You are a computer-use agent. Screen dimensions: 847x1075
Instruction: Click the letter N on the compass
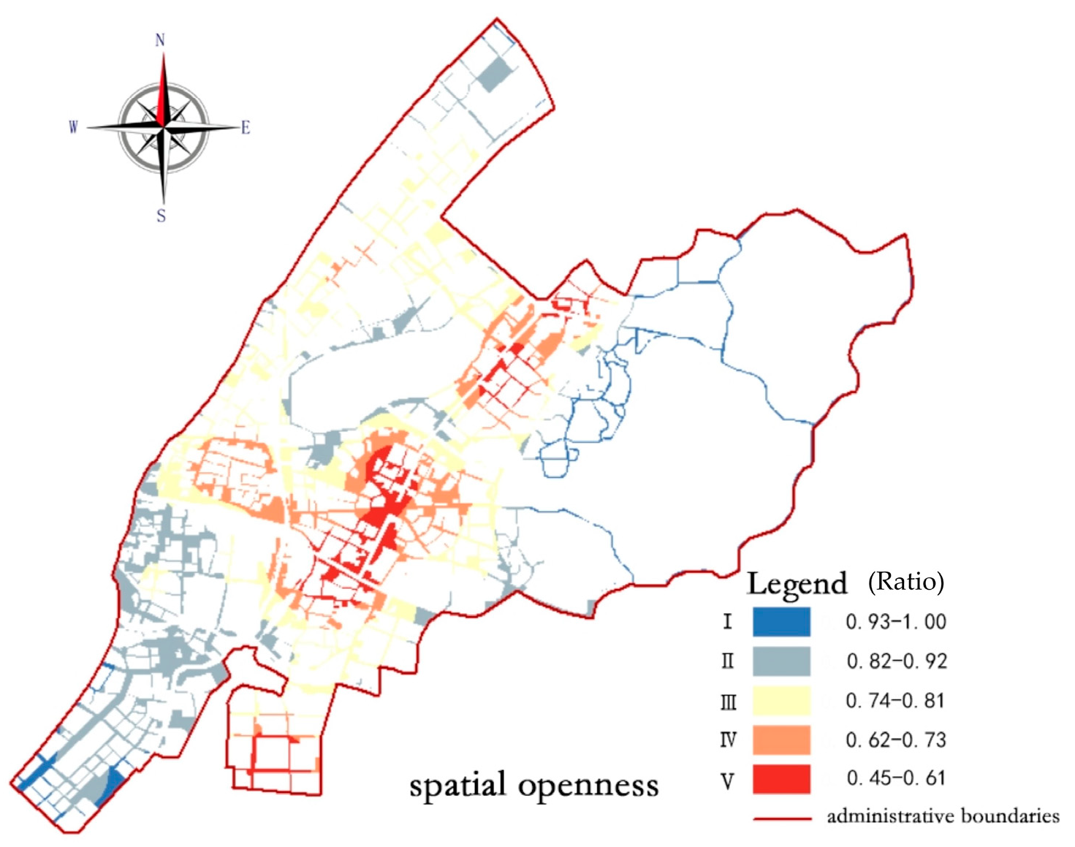(160, 40)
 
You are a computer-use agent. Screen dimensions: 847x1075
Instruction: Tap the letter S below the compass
(162, 216)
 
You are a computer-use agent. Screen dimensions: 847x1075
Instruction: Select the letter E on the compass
(246, 128)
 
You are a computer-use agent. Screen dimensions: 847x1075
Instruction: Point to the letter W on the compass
(73, 127)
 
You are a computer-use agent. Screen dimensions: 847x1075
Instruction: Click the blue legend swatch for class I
(781, 622)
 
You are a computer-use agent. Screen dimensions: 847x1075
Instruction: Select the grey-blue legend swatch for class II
(781, 661)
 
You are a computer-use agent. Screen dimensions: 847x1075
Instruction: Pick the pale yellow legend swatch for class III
(781, 701)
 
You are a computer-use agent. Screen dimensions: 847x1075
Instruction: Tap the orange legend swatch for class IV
(781, 740)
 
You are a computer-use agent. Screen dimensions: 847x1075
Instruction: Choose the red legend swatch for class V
(781, 779)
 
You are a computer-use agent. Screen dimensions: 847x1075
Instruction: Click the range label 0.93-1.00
(896, 622)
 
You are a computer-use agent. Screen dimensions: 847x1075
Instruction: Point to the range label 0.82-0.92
(897, 661)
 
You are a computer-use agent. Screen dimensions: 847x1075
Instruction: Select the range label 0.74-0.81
(895, 701)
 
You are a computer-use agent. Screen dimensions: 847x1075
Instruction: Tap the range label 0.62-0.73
(896, 740)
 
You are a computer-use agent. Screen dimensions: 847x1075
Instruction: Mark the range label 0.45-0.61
(896, 778)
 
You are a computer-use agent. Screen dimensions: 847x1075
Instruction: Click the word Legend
(797, 584)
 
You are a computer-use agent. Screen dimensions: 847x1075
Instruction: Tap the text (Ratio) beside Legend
(906, 582)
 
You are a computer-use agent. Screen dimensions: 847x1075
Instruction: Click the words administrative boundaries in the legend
(943, 816)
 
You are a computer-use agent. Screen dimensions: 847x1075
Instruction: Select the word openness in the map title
(588, 786)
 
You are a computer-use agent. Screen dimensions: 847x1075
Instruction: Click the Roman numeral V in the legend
(727, 781)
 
